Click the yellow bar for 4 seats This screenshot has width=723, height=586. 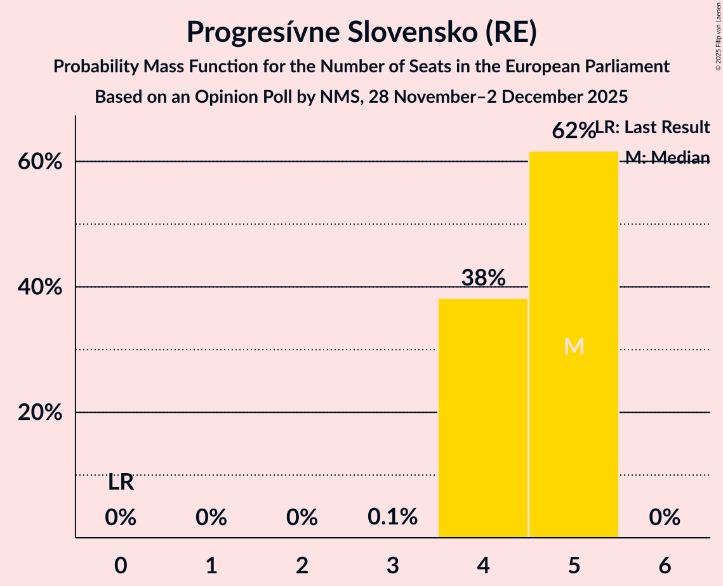(x=483, y=418)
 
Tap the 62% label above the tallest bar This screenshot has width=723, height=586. (x=573, y=131)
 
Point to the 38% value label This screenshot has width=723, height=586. (x=483, y=278)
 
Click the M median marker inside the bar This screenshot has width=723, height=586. (x=574, y=346)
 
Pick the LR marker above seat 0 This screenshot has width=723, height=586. (x=121, y=483)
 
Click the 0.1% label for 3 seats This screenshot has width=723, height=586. (x=392, y=518)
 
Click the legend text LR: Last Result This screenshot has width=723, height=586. (x=653, y=127)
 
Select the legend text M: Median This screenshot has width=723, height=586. (x=667, y=157)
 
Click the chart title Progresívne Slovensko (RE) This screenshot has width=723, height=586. (x=361, y=32)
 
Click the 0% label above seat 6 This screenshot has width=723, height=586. (x=665, y=518)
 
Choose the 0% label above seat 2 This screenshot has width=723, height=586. (x=302, y=518)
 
